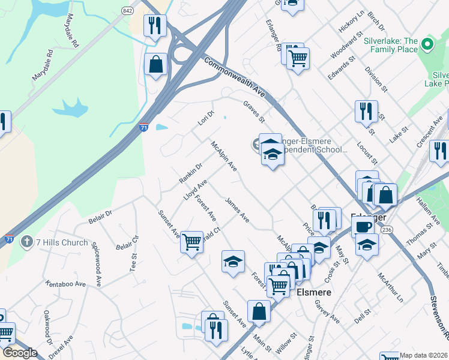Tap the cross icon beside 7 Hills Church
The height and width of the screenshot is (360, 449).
point(26,242)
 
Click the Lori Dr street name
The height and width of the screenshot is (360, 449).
point(206,118)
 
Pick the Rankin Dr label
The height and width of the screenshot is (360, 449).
point(191,173)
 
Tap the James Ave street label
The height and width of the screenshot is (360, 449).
point(237,210)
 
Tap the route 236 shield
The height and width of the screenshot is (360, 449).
point(387,229)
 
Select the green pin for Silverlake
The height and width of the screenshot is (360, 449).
point(427,44)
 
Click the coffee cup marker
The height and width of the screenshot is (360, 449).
point(363,227)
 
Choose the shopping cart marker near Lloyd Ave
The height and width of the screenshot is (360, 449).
point(191,242)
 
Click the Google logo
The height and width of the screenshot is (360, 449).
point(20,353)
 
